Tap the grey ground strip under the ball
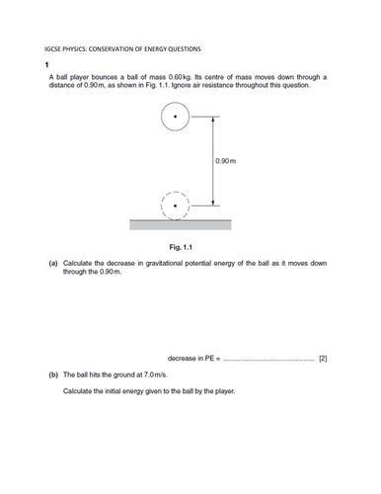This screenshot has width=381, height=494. pos(179,224)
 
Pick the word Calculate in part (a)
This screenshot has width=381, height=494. pos(79,264)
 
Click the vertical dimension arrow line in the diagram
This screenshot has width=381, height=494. pos(209,160)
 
